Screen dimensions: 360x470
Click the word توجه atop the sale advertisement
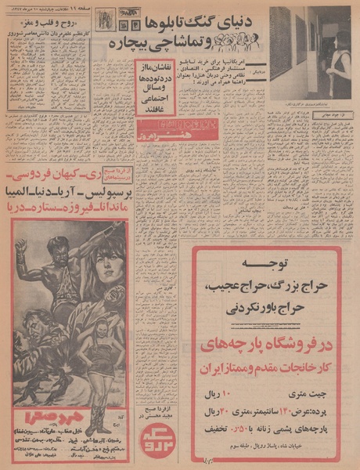pos(265,265)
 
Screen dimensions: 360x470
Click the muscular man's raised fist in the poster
pos(21,257)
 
